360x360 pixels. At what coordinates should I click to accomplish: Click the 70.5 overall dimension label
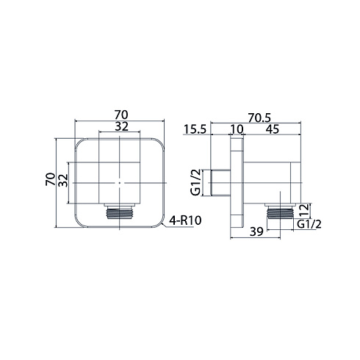coord(259,118)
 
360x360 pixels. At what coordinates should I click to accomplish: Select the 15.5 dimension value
coord(195,129)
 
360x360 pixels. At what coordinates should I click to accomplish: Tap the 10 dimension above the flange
coord(237,129)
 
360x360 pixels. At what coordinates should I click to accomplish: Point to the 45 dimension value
coord(273,129)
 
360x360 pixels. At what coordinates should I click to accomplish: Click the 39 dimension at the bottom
coord(256,231)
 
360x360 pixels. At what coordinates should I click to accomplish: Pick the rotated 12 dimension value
coord(305,211)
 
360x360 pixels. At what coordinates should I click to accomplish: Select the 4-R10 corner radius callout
coord(185,221)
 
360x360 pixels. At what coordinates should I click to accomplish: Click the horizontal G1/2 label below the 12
coord(309,224)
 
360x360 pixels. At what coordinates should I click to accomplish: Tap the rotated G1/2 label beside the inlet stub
coord(196,182)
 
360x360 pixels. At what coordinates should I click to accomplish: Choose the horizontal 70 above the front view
coord(121,115)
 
